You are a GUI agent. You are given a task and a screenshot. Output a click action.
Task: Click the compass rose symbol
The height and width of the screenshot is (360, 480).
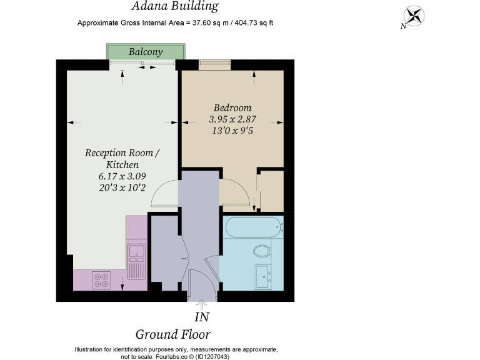413,17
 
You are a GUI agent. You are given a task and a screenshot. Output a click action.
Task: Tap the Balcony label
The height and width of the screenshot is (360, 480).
146,52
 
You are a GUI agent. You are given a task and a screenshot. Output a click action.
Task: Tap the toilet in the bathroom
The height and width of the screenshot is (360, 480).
263,252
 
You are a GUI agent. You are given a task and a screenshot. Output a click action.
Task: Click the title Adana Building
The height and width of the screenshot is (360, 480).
174,7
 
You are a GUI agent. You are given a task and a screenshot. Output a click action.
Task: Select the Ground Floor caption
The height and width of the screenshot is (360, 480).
173,334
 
